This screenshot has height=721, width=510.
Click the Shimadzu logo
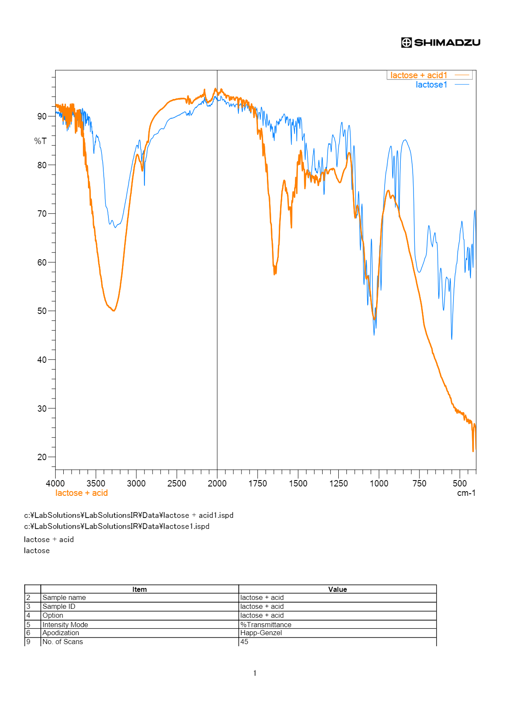click(441, 42)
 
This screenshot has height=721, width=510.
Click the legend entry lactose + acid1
click(419, 75)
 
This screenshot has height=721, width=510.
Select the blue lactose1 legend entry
click(431, 85)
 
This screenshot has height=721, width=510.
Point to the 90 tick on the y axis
click(42, 116)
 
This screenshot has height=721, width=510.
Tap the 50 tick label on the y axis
click(42, 311)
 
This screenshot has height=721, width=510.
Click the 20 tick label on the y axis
click(42, 457)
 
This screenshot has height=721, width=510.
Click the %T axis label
click(40, 141)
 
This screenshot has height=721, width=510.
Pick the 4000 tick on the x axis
click(55, 483)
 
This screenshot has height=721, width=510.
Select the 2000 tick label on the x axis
click(217, 483)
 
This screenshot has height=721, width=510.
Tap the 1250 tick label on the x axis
click(338, 483)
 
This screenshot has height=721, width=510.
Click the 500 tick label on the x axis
click(460, 483)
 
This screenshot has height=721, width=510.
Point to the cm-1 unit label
click(466, 493)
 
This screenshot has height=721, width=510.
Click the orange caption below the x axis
click(82, 493)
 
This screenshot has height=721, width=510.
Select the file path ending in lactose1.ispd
click(117, 526)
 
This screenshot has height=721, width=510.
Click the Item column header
click(139, 589)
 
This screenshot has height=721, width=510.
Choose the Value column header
click(337, 589)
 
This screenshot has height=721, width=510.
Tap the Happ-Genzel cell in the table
click(261, 633)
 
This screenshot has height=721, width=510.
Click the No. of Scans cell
click(63, 642)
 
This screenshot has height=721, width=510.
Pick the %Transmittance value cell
click(266, 625)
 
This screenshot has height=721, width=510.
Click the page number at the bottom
click(255, 673)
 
